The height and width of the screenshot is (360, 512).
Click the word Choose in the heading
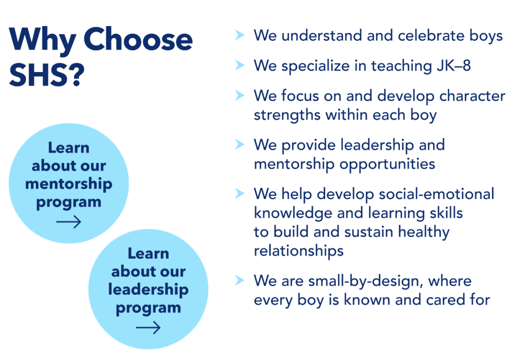point(138,39)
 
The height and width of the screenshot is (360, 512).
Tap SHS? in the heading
point(46,74)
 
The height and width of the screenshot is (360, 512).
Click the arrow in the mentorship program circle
point(69,222)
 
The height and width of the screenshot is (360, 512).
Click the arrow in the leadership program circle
point(148,327)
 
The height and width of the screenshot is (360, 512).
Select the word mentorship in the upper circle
point(69,184)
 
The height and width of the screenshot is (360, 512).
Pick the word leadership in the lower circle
point(148,289)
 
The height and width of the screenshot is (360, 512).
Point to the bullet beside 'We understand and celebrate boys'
point(240,35)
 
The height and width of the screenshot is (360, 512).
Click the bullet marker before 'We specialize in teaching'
point(240,65)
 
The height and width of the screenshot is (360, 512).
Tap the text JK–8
point(454,65)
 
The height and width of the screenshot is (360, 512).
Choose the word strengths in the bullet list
point(287,115)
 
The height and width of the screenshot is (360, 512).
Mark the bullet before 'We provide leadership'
point(240,144)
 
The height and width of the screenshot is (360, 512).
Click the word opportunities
point(387,164)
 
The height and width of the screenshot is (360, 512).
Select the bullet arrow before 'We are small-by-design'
point(240,280)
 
